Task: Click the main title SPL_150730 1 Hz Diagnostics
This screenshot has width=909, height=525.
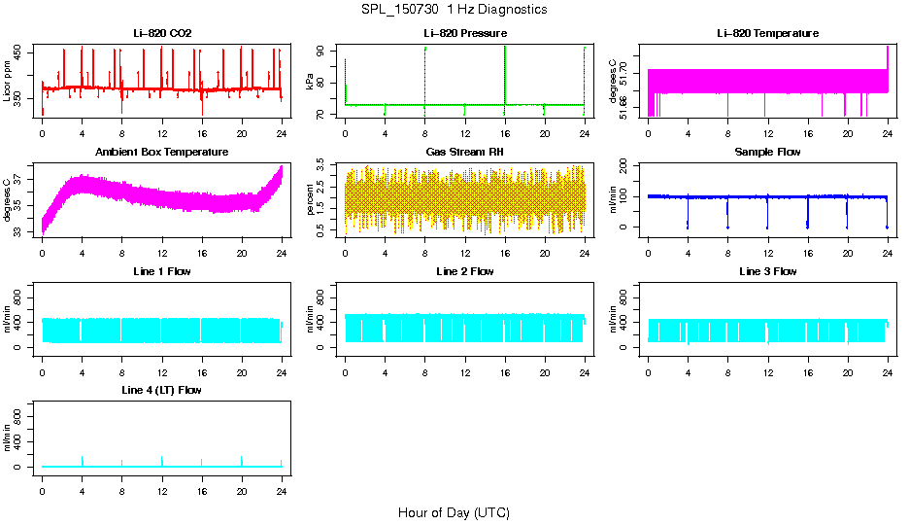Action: [x=454, y=10]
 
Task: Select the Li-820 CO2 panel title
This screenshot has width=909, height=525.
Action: [x=162, y=33]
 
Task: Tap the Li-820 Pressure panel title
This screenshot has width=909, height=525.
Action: [x=465, y=33]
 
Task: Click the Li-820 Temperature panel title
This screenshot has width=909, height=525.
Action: [x=767, y=33]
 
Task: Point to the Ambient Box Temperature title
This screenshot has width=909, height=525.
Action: [x=162, y=152]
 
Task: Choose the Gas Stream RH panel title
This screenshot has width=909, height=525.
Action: [x=465, y=152]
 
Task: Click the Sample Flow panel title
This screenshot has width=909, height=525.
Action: [x=767, y=152]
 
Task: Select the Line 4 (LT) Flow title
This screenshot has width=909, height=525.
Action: [x=162, y=390]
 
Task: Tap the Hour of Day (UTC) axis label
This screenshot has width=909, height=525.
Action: [x=454, y=512]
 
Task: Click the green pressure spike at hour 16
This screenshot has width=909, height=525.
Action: [x=505, y=73]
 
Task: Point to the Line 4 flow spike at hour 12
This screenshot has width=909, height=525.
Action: [x=162, y=460]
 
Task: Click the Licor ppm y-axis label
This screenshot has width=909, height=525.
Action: [x=8, y=81]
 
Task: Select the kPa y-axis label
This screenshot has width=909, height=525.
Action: [x=311, y=81]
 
